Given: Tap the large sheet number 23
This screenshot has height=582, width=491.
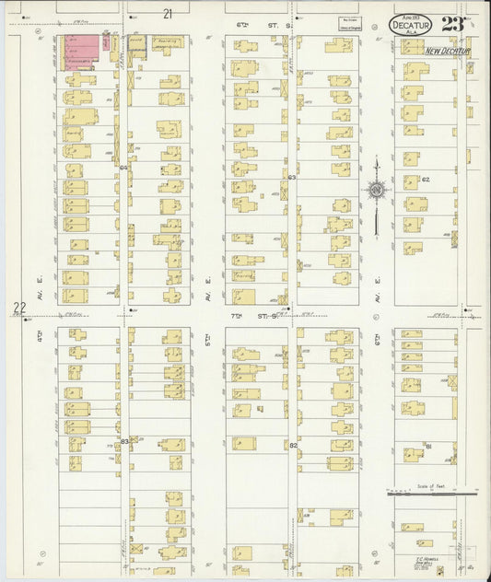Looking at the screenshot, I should tap(452, 23).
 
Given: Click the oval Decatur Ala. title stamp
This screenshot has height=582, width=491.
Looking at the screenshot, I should tap(409, 25).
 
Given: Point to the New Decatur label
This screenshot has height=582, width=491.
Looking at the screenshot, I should tap(448, 52).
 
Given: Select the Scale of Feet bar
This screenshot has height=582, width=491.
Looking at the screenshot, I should tap(431, 493).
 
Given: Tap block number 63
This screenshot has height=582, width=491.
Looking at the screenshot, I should tap(291, 177).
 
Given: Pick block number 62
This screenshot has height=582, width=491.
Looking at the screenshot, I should tap(426, 179).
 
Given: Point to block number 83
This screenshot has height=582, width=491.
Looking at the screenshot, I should tap(123, 441).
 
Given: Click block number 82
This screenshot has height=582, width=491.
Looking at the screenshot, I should tap(293, 445).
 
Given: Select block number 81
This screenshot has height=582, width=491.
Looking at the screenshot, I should tap(429, 446).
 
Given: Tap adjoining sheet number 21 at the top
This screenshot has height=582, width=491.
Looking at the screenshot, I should tap(167, 14).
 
